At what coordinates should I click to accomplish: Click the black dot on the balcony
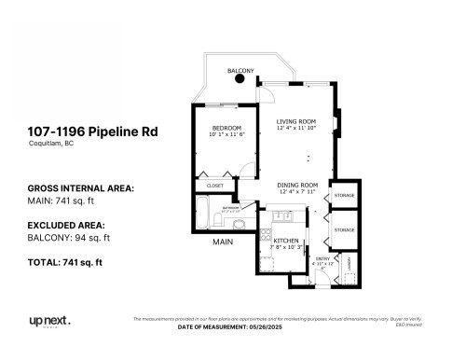pos(240,78)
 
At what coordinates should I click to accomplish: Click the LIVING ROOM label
pos(297,121)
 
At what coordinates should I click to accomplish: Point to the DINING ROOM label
pos(297,185)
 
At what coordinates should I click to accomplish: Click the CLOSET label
pos(214,186)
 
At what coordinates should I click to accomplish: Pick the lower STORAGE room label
pos(344,229)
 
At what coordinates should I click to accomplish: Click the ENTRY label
pos(322,258)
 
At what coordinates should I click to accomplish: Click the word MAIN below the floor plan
pos(222,242)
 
